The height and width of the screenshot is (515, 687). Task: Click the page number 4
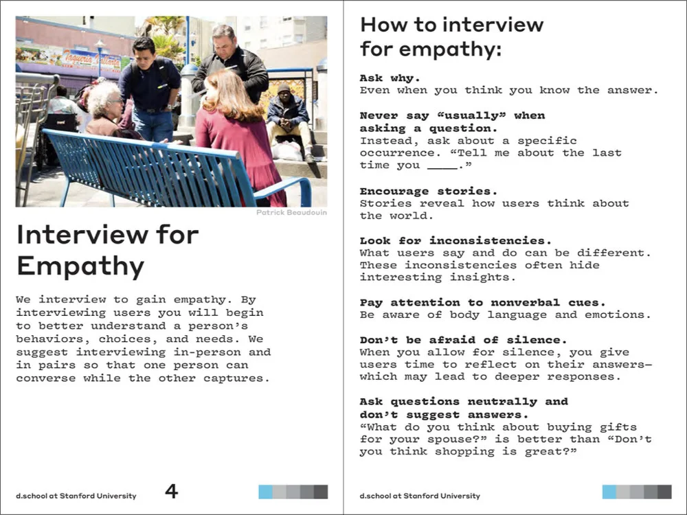click(171, 491)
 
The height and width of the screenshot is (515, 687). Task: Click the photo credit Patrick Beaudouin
click(291, 213)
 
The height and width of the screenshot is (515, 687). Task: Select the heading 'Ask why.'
click(390, 78)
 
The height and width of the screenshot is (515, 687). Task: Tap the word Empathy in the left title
click(80, 266)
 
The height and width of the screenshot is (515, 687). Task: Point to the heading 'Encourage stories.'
click(429, 191)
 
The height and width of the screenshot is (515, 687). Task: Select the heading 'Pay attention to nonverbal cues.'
click(482, 302)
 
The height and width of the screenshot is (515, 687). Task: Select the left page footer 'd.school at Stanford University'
click(76, 496)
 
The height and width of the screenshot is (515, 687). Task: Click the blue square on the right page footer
click(609, 492)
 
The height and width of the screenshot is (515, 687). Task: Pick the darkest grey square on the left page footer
click(321, 492)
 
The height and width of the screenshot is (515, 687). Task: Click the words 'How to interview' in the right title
click(451, 25)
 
